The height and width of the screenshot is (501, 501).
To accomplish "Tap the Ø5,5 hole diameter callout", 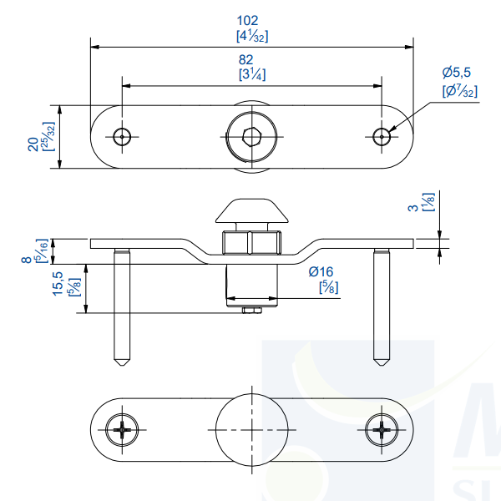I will coord(458,74).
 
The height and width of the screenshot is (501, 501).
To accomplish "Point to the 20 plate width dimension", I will coord(33,144).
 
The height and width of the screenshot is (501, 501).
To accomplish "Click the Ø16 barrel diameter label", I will coord(321,271).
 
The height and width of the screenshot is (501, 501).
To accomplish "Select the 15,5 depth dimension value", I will coord(58,282).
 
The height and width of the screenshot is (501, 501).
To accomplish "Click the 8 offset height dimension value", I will coord(26,260).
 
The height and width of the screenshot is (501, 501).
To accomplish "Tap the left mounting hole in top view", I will coord(123,137).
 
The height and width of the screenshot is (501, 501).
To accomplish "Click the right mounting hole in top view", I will coord(382,137).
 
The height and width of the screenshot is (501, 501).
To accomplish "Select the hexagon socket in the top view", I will coord(251,137).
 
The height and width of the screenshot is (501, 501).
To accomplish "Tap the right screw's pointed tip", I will coord(382,361).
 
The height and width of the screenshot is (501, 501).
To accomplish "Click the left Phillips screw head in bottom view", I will coord(122,429).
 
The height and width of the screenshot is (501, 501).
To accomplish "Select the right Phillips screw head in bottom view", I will coord(382,429).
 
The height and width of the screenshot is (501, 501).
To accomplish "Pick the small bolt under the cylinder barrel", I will coord(251,311).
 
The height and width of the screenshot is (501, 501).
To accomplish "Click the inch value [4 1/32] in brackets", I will coord(251,36).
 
